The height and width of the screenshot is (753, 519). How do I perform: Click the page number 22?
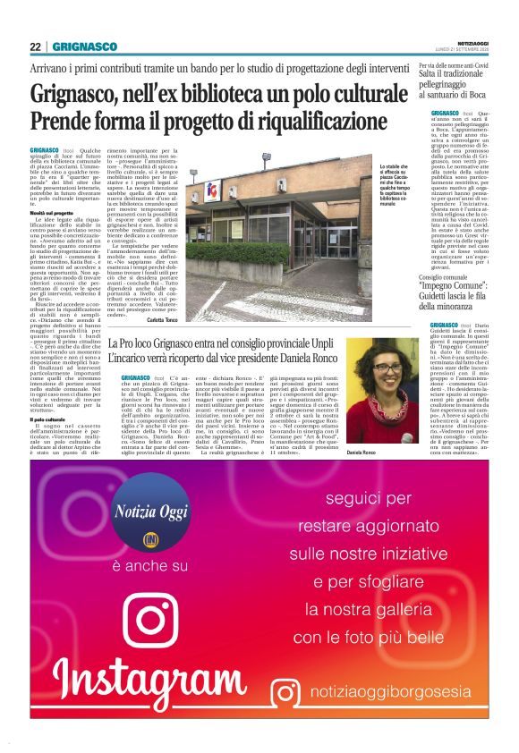pyautogui.click(x=35, y=47)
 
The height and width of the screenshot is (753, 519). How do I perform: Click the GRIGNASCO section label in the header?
pyautogui.click(x=84, y=47)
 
